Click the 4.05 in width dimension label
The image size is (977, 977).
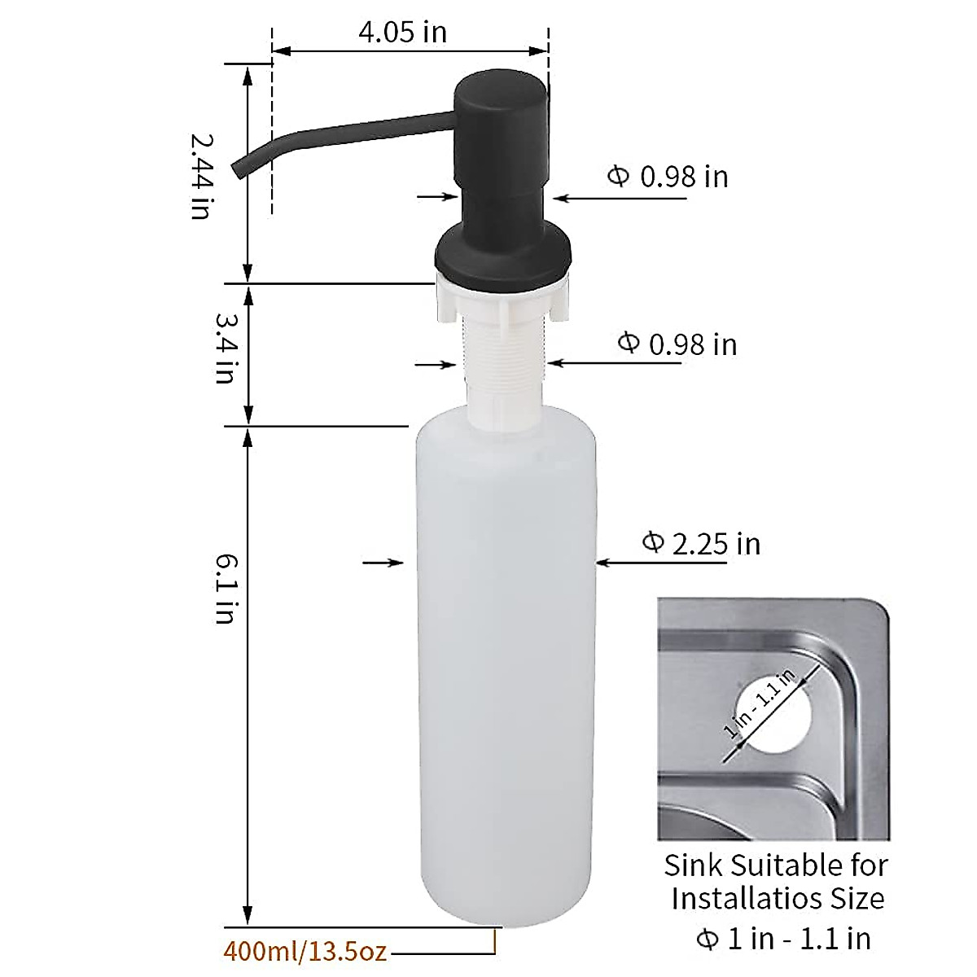[x=402, y=32]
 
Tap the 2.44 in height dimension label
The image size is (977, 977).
[x=200, y=174]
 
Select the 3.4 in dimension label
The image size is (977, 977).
[x=225, y=348]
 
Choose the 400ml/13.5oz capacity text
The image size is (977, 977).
[x=304, y=951]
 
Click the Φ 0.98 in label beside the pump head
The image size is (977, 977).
[x=668, y=176]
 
